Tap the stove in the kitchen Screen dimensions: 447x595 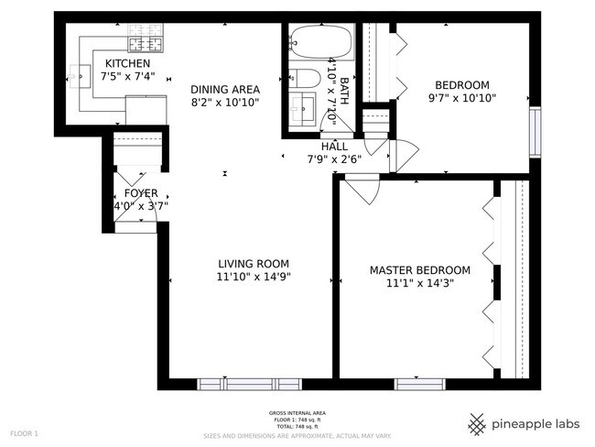tap(145, 41)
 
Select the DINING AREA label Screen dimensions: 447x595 tap(225, 89)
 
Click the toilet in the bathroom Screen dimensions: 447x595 tap(305, 81)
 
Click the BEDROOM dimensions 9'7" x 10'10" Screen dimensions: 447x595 tap(462, 98)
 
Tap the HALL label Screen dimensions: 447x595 tap(333, 146)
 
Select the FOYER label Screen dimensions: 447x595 tap(141, 193)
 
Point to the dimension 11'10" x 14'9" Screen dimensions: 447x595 tap(254, 277)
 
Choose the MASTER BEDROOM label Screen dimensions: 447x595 tap(419, 270)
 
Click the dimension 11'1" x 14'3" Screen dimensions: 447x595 tap(419, 283)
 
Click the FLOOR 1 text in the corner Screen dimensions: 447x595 tap(24, 432)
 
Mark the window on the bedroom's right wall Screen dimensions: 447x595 tap(535, 128)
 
